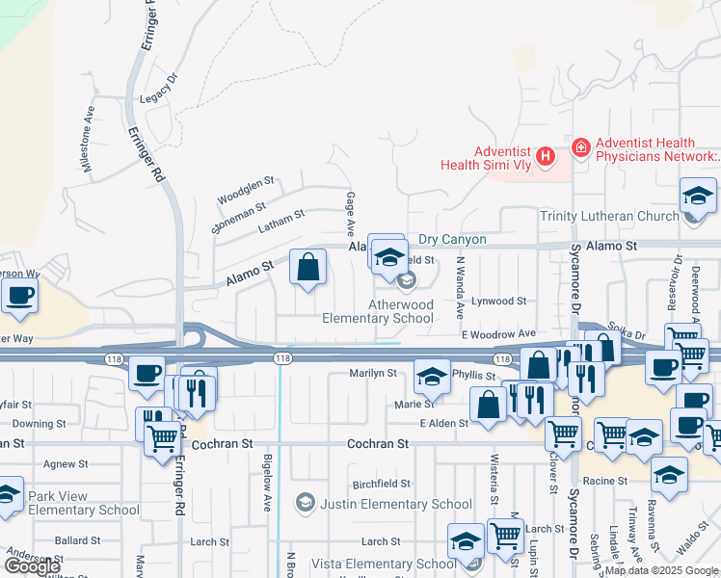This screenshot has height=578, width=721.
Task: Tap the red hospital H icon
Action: pyautogui.click(x=547, y=155)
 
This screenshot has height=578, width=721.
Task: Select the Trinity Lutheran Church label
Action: pyautogui.click(x=609, y=217)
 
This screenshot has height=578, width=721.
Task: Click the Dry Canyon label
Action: pyautogui.click(x=452, y=239)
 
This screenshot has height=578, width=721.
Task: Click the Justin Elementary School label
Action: pyautogui.click(x=396, y=504)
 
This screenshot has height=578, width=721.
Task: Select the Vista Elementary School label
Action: pyautogui.click(x=383, y=564)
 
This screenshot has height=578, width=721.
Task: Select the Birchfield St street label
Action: pyautogui.click(x=382, y=484)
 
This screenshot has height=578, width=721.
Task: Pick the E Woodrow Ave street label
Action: pyautogui.click(x=498, y=333)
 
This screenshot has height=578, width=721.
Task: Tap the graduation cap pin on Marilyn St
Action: pyautogui.click(x=432, y=377)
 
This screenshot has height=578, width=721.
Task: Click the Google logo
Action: pyautogui.click(x=32, y=565)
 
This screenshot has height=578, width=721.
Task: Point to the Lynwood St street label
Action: pyautogui.click(x=499, y=301)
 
